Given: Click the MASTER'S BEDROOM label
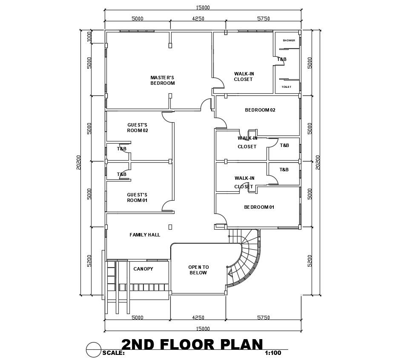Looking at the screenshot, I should tap(162, 80).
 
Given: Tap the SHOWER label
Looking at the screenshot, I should tap(289, 40).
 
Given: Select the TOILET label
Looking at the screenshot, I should tap(286, 87).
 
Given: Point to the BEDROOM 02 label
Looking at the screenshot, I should tap(260, 110).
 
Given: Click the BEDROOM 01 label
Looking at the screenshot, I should tap(259, 207).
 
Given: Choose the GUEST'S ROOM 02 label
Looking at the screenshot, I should tap(137, 127).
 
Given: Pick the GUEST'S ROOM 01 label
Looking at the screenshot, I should tap(137, 197).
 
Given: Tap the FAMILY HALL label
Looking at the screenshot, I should tap(145, 235).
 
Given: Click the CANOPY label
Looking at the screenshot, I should tap(143, 269).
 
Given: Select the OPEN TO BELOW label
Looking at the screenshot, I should tap(198, 270).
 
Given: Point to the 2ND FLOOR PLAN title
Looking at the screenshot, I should tap(192, 344).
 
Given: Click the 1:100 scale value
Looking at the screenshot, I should tap(273, 353).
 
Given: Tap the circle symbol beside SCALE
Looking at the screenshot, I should tap(93, 349).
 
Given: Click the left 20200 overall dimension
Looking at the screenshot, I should tap(79, 162).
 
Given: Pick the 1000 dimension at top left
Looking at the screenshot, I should tap(89, 37).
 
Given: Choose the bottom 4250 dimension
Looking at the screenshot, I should tap(198, 317).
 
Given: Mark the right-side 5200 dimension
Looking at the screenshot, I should tap(310, 260).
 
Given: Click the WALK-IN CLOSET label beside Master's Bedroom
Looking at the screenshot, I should tap(243, 76).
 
